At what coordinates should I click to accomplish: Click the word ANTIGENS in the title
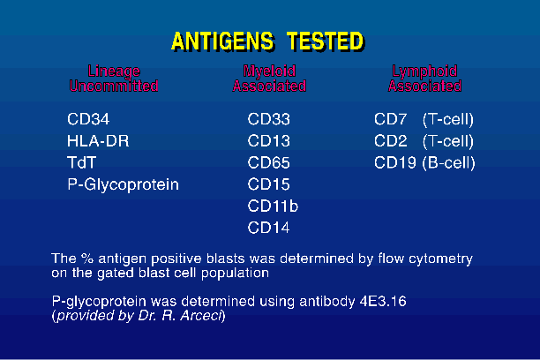pos(223,41)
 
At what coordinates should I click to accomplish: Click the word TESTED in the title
pos(326,41)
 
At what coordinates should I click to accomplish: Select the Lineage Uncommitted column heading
pos(114,79)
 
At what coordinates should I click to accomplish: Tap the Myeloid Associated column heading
pos(269,79)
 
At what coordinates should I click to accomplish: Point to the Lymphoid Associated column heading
pos(425,79)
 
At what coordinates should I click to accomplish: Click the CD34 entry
pos(88,119)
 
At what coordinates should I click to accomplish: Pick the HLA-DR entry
pos(98,141)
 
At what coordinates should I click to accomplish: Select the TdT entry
pos(81,162)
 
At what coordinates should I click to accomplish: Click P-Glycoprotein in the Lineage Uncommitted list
pos(123,185)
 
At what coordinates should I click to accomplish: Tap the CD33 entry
pos(268,119)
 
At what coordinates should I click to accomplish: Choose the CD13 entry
pos(268,141)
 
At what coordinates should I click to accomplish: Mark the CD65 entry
pos(268,162)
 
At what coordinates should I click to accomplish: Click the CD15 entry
pos(268,184)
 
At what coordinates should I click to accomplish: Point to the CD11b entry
pos(273,206)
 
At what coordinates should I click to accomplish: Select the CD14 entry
pos(268,228)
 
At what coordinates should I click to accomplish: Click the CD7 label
pos(391,119)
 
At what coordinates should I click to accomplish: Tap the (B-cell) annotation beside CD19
pos(449,163)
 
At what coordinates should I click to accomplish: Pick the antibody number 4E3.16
pos(383,302)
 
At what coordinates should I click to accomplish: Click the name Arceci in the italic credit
pos(201,316)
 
